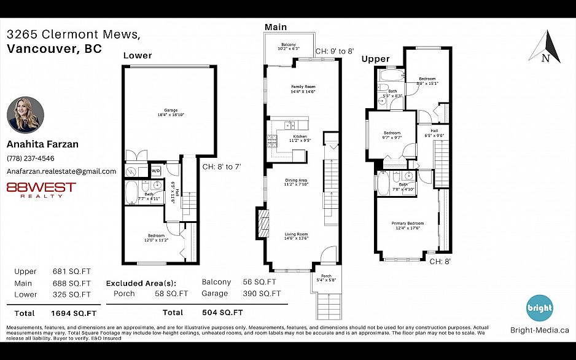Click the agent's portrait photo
[x=25, y=115]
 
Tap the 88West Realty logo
[x=41, y=189]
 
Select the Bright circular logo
[x=540, y=308]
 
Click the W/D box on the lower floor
[x=155, y=171]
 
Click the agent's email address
[x=61, y=171]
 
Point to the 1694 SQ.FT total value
[x=71, y=313]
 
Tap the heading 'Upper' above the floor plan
[x=375, y=59]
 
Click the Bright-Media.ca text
[x=539, y=330]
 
